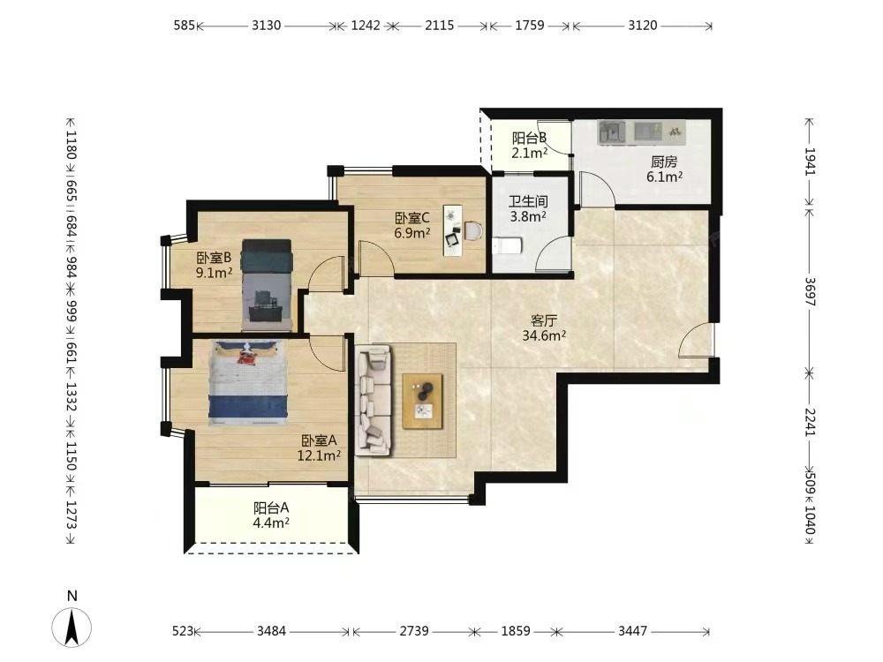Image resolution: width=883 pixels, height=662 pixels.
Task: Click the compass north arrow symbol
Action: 72,627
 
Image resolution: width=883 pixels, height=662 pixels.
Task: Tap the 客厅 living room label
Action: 544,321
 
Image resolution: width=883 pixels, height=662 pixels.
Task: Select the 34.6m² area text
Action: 544,336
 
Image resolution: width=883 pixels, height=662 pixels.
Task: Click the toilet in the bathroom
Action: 508,245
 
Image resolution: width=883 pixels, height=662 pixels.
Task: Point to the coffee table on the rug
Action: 422,402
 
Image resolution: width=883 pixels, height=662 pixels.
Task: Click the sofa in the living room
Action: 374,399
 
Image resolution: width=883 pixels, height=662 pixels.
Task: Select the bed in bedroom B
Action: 267,285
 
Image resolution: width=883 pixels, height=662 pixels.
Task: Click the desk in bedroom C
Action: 452,230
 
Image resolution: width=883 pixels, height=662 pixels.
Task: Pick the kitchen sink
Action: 612,132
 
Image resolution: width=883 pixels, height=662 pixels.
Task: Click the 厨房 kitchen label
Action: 664,162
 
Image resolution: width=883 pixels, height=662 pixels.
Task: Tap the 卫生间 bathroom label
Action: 528,201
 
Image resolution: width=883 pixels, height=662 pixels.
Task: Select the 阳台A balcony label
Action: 271,508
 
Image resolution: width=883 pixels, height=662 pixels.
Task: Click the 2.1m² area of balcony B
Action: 529,153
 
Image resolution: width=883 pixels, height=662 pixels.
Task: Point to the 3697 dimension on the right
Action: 809,291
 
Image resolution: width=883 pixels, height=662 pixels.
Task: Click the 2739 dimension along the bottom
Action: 414,631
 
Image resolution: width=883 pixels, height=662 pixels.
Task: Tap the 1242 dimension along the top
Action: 366,26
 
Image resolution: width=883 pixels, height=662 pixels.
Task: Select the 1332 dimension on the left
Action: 71,397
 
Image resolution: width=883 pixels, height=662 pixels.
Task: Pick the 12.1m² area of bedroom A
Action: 319,455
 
